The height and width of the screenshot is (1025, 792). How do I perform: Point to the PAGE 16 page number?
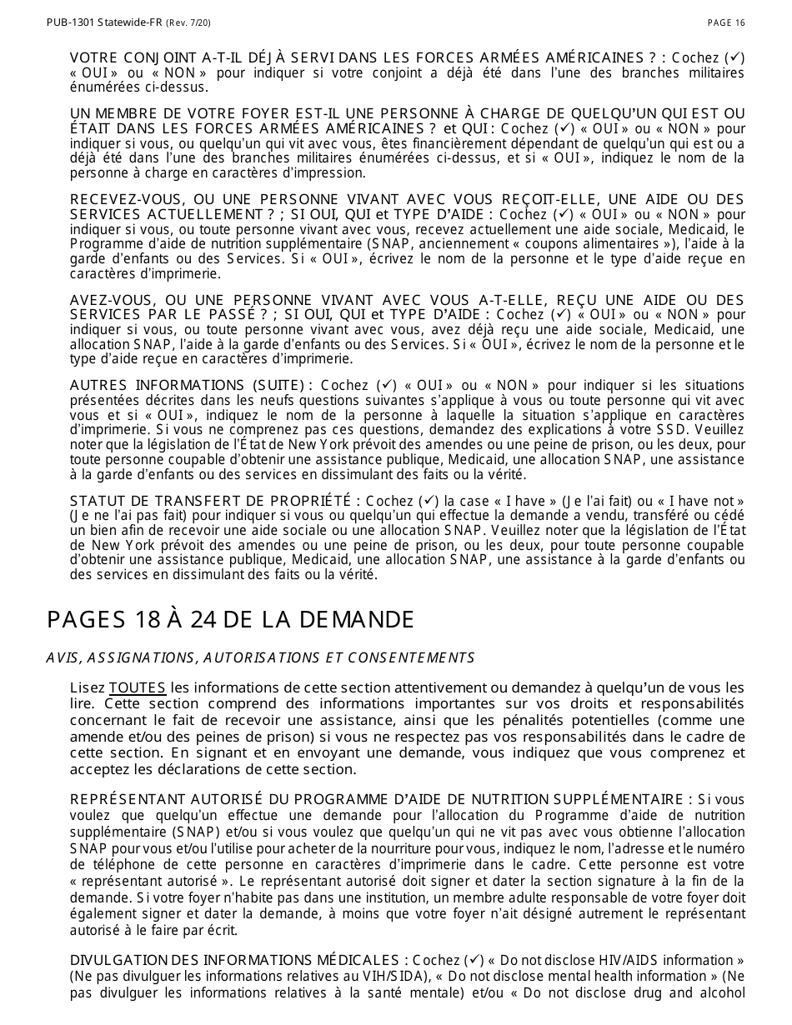point(726,22)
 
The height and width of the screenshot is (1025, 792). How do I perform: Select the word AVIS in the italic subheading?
point(61,658)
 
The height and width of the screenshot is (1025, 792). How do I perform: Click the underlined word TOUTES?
point(138,687)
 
